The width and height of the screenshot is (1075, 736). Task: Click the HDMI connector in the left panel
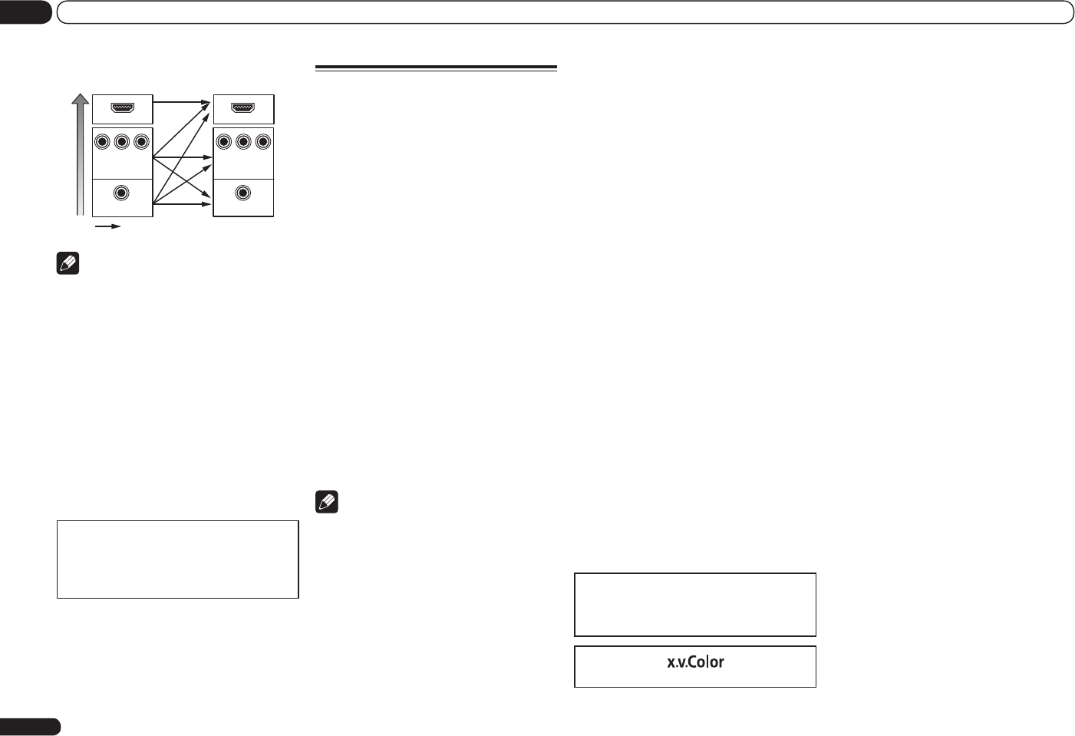pyautogui.click(x=122, y=107)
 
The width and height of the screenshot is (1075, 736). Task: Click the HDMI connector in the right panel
pyautogui.click(x=243, y=107)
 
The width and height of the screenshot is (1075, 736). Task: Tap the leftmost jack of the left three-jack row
pyautogui.click(x=102, y=142)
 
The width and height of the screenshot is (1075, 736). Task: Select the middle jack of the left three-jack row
pyautogui.click(x=121, y=142)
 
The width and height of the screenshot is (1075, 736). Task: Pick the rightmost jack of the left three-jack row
pyautogui.click(x=141, y=142)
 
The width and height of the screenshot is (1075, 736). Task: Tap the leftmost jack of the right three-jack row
pyautogui.click(x=223, y=142)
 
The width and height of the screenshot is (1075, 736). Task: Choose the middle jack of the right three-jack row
pyautogui.click(x=243, y=142)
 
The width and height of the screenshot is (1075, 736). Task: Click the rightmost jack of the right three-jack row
pyautogui.click(x=263, y=142)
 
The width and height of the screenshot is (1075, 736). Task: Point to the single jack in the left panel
pyautogui.click(x=121, y=193)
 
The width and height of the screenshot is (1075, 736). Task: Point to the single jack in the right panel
pyautogui.click(x=243, y=193)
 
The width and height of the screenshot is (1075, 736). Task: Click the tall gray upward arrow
pyautogui.click(x=80, y=153)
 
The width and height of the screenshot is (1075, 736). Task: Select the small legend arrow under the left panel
pyautogui.click(x=107, y=226)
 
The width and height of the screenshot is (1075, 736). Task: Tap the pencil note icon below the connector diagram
pyautogui.click(x=68, y=264)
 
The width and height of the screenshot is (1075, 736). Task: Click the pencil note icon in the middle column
pyautogui.click(x=327, y=503)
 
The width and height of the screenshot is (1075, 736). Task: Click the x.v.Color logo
pyautogui.click(x=695, y=662)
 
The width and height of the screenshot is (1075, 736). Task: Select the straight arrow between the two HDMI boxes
pyautogui.click(x=182, y=101)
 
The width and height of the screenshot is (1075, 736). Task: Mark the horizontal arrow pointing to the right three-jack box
pyautogui.click(x=184, y=157)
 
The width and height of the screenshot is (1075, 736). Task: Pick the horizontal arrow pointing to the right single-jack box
pyautogui.click(x=184, y=204)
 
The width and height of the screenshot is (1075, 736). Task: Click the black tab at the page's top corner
pyautogui.click(x=25, y=12)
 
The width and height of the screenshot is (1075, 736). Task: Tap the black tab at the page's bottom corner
pyautogui.click(x=30, y=727)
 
